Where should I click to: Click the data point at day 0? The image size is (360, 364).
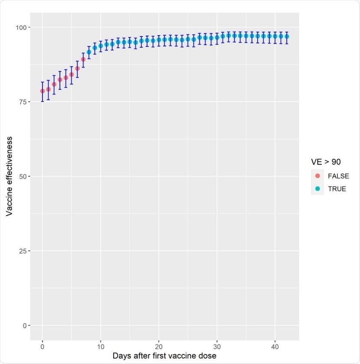(43, 91)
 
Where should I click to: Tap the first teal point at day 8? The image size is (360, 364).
(89, 52)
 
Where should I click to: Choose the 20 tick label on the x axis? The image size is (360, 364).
(159, 347)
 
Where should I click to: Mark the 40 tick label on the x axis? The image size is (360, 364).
(275, 347)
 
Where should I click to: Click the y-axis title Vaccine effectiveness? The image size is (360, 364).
(9, 176)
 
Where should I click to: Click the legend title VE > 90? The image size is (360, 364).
(326, 162)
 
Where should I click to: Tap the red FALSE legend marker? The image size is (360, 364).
(317, 177)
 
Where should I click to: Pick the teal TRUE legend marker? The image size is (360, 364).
(317, 189)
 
